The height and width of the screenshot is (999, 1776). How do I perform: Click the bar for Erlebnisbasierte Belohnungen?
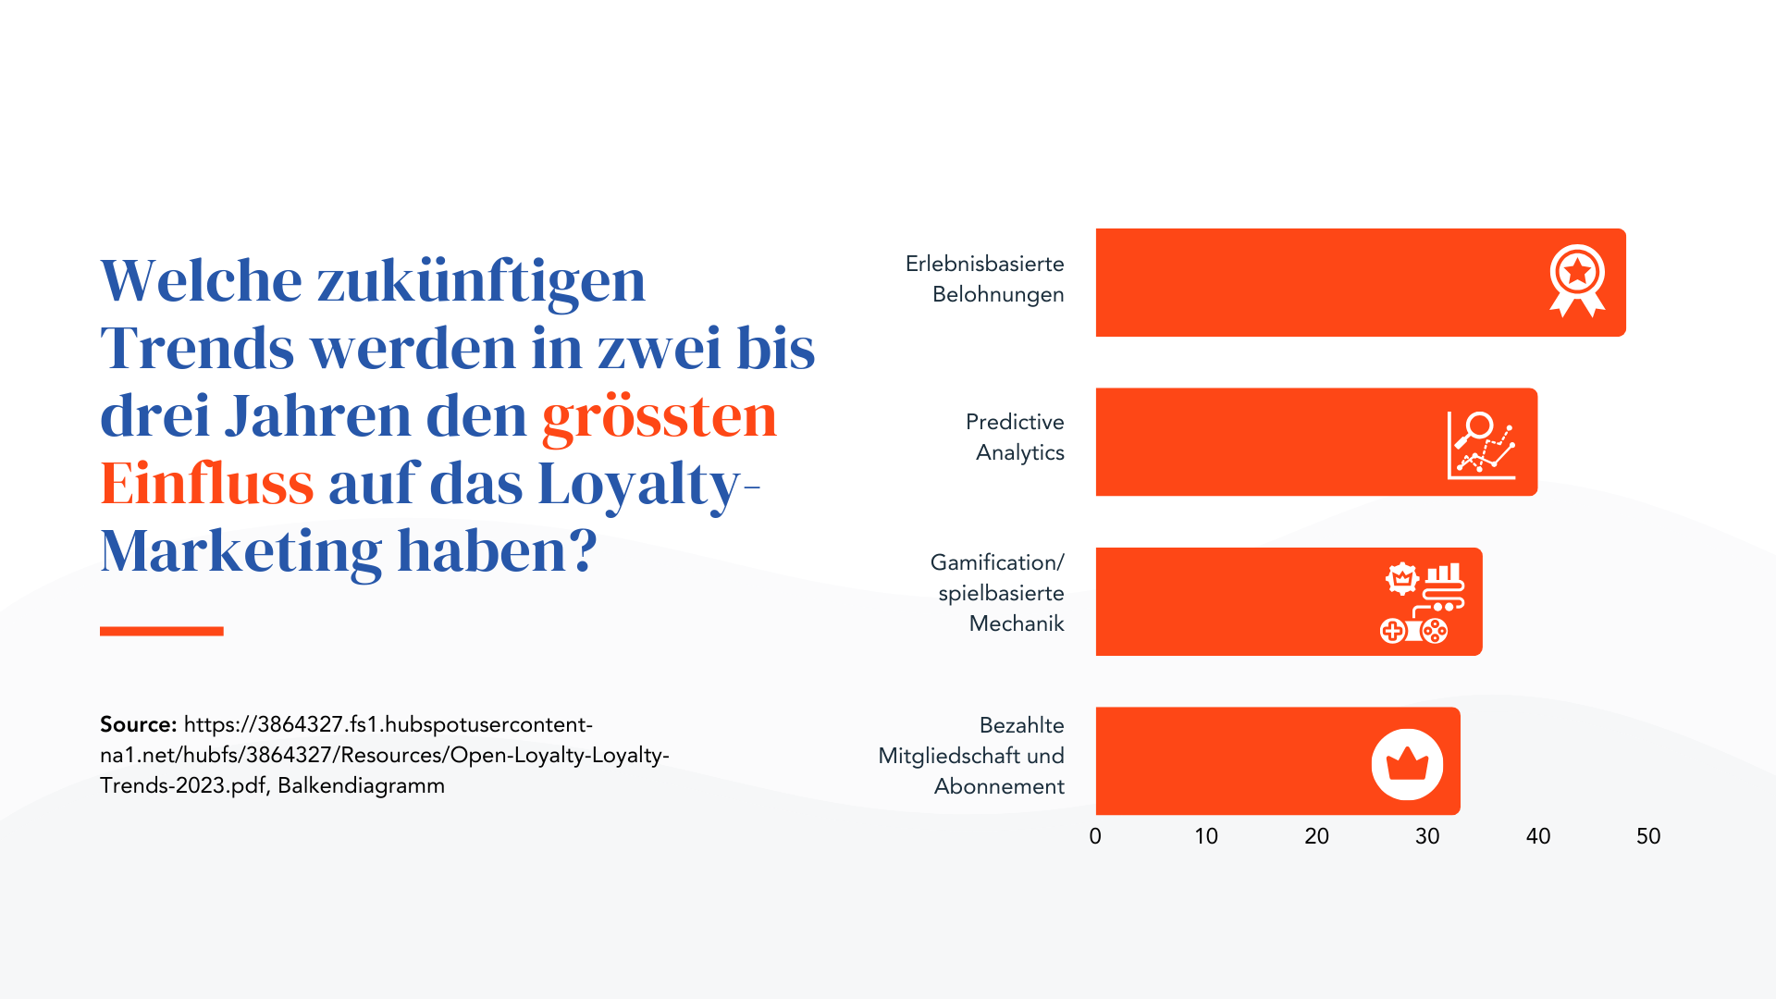[x=1313, y=282]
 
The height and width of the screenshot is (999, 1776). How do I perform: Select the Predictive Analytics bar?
[x=1267, y=442]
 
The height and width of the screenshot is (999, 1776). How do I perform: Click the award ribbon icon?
[x=1577, y=280]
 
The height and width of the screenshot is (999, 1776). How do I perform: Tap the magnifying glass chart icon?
[x=1481, y=445]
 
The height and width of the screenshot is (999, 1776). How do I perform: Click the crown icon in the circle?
[x=1407, y=764]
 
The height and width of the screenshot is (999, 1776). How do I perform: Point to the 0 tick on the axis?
[x=1095, y=836]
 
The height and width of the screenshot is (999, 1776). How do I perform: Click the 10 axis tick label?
[x=1206, y=836]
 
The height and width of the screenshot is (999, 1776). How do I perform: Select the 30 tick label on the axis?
[x=1427, y=836]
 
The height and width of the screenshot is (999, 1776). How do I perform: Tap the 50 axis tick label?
[x=1648, y=836]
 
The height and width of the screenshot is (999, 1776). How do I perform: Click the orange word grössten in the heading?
[x=659, y=416]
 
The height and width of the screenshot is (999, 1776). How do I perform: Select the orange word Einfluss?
[x=207, y=484]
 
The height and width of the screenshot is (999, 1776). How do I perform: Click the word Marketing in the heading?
[x=240, y=552]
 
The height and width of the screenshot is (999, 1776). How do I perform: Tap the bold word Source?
[x=138, y=724]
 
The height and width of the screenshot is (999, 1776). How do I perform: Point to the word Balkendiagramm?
[x=361, y=785]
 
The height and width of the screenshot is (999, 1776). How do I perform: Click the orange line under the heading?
[x=162, y=631]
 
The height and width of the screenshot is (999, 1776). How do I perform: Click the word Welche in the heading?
[x=201, y=281]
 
